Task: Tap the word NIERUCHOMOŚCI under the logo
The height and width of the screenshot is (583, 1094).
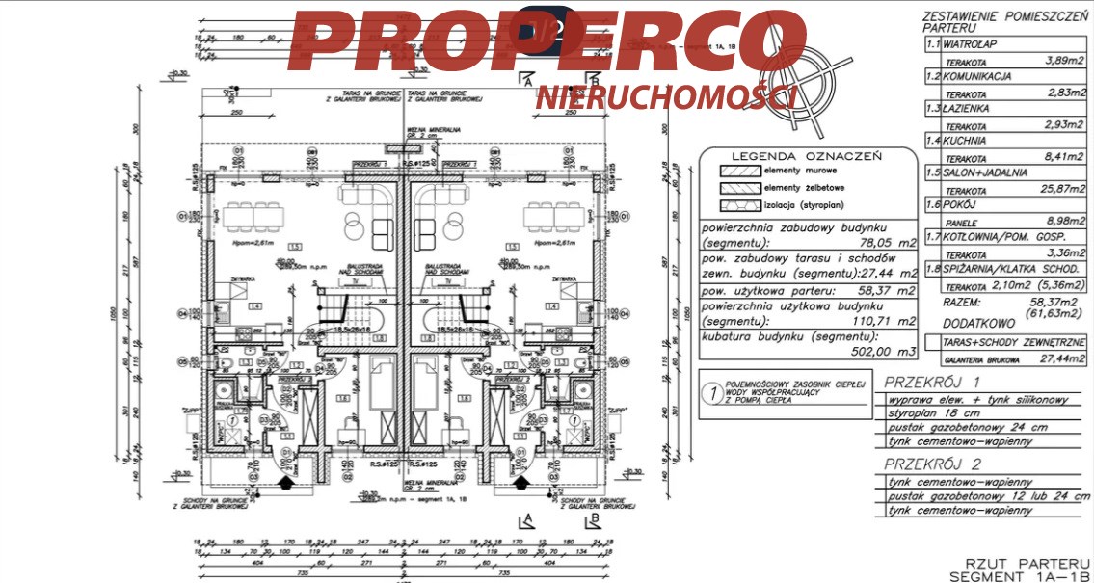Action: (665, 97)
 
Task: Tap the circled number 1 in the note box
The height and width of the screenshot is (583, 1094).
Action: (711, 393)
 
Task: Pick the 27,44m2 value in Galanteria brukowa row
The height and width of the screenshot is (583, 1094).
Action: (1060, 358)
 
